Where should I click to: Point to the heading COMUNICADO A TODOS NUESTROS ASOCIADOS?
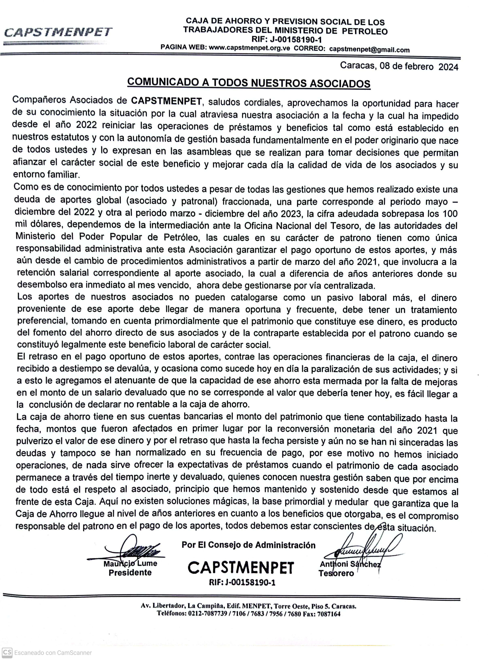pos(248,83)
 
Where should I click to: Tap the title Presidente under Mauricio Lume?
pos(130,573)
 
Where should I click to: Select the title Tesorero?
pos(336,573)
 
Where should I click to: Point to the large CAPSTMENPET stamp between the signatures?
pos(241,568)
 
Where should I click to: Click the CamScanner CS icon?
pos(7,652)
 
